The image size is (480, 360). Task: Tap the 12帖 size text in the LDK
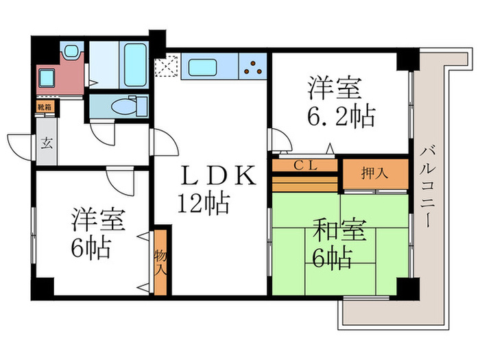204,204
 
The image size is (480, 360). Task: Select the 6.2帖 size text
341,117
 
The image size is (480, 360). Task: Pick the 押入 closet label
375,173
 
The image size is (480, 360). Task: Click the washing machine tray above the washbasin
71,51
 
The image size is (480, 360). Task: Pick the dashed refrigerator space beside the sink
167,67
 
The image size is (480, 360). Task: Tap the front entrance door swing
19,147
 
